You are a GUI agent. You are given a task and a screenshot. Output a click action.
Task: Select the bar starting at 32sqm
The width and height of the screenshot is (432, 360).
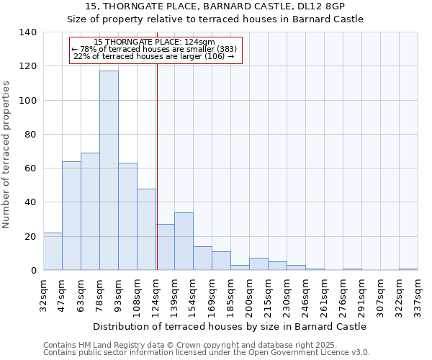53,251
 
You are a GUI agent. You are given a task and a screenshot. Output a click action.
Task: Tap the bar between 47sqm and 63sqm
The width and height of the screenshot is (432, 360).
71,216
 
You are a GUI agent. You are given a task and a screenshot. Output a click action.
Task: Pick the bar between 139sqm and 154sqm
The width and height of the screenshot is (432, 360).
184,241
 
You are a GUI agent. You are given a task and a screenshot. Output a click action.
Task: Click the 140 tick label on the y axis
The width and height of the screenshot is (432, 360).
27,32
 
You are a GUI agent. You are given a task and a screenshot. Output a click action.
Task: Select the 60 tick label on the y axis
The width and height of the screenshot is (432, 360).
30,168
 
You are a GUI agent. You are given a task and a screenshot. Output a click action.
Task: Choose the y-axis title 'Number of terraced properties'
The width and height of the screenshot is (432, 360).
6,154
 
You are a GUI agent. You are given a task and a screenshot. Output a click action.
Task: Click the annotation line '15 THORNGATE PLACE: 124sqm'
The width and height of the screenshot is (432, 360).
154,42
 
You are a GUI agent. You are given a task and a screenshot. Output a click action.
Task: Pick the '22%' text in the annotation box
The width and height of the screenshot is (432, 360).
81,56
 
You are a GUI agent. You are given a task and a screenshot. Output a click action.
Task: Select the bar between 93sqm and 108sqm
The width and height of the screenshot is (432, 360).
127,216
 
